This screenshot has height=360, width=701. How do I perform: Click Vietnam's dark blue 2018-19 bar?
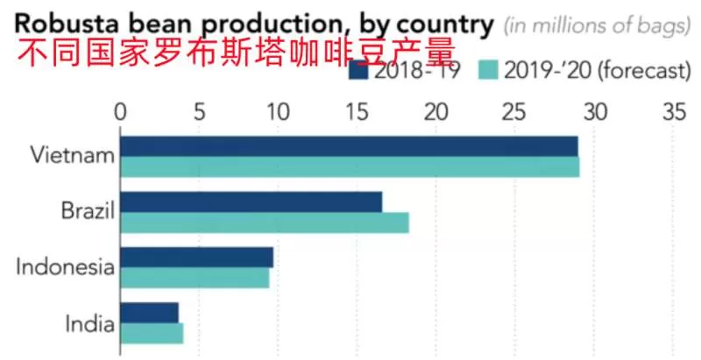pyautogui.click(x=349, y=146)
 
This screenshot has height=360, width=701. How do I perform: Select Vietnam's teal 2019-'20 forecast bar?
pyautogui.click(x=350, y=167)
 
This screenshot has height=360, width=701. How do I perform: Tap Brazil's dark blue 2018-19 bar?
pyautogui.click(x=251, y=202)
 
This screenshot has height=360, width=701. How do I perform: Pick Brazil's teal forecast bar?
pyautogui.click(x=265, y=222)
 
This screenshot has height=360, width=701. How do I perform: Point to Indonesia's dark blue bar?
pyautogui.click(x=196, y=258)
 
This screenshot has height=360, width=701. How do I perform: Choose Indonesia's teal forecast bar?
pyautogui.click(x=195, y=278)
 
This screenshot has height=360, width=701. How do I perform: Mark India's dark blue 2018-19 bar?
pyautogui.click(x=150, y=313)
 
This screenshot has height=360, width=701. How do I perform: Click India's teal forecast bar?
pyautogui.click(x=152, y=334)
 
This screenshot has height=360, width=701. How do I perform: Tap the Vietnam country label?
pyautogui.click(x=73, y=156)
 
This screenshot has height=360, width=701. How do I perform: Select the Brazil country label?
pyautogui.click(x=89, y=211)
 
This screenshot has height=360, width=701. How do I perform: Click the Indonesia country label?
pyautogui.click(x=65, y=267)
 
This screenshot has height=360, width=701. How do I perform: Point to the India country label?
pyautogui.click(x=90, y=323)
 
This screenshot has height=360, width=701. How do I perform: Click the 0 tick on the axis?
pyautogui.click(x=120, y=112)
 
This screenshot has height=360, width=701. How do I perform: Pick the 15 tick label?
pyautogui.click(x=358, y=112)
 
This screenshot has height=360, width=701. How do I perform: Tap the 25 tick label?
pyautogui.click(x=515, y=112)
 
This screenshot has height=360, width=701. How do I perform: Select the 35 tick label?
pyautogui.click(x=674, y=112)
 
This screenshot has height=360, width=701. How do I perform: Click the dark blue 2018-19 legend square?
pyautogui.click(x=358, y=70)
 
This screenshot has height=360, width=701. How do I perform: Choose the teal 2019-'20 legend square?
pyautogui.click(x=488, y=70)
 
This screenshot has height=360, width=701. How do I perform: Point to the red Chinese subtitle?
pyautogui.click(x=236, y=53)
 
